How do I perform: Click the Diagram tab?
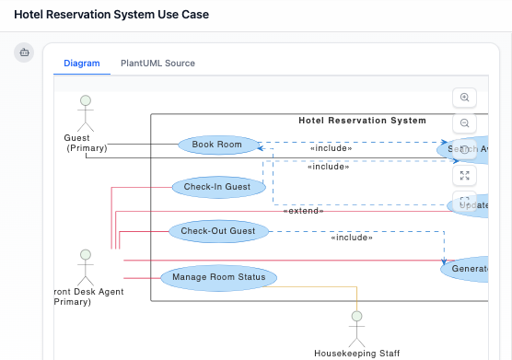tap(81, 64)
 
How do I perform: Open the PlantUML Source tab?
tap(157, 64)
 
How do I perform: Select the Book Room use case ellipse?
tap(216, 145)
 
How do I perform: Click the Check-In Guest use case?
tap(217, 187)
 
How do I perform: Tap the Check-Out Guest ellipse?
tap(217, 230)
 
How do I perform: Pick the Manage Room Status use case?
tap(218, 276)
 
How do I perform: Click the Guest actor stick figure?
tap(86, 112)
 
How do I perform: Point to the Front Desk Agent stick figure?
tap(85, 266)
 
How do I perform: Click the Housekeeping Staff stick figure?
tap(356, 327)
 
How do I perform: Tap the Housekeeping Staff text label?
tap(356, 353)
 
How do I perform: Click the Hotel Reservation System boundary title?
tap(362, 121)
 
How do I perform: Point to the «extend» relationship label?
tap(303, 210)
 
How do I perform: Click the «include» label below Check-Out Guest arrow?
tap(352, 238)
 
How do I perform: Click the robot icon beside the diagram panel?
tap(24, 52)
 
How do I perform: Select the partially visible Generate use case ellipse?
tap(469, 269)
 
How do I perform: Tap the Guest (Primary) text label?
tap(86, 143)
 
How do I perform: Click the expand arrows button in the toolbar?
tap(465, 175)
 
